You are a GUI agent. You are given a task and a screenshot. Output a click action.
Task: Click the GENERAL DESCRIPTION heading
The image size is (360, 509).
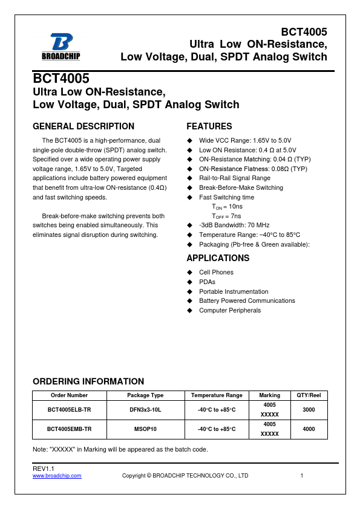coord(83,126)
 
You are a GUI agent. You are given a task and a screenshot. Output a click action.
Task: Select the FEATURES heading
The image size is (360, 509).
coord(209,126)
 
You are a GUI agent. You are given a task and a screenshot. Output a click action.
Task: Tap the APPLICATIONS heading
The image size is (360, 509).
coord(218,258)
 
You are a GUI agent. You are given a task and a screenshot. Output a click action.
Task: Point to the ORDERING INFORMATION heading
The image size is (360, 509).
coord(88,381)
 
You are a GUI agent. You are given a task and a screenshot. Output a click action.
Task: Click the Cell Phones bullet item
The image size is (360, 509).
coord(216,273)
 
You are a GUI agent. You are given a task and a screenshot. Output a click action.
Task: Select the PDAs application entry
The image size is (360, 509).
coord(207,282)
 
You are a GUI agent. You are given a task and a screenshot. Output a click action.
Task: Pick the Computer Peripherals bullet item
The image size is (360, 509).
coord(230,310)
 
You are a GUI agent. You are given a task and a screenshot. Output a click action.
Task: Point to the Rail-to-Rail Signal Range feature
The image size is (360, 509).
coord(235,178)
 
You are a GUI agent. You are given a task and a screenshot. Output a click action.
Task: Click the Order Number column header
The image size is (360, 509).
coord(69,395)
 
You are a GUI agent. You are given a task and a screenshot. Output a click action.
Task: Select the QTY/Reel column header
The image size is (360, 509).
coord(309,395)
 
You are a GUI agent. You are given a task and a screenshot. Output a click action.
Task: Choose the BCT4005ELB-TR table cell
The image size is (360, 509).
coord(69,410)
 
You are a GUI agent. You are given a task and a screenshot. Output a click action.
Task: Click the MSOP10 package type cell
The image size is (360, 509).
coord(145,429)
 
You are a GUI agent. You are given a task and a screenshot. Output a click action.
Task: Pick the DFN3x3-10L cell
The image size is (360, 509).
coord(145,410)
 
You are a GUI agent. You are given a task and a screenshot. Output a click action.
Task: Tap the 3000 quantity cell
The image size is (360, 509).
coord(309,410)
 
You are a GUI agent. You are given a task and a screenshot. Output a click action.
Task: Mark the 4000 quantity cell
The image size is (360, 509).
coord(309,429)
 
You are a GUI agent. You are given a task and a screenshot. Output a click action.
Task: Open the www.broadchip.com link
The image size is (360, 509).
coord(57,476)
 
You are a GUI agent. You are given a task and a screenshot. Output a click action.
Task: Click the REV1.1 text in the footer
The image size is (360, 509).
coord(44,469)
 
